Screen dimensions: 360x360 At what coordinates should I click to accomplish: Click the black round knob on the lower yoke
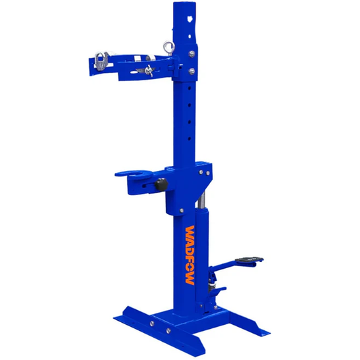161,185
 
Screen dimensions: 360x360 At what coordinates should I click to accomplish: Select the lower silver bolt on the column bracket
194,70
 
